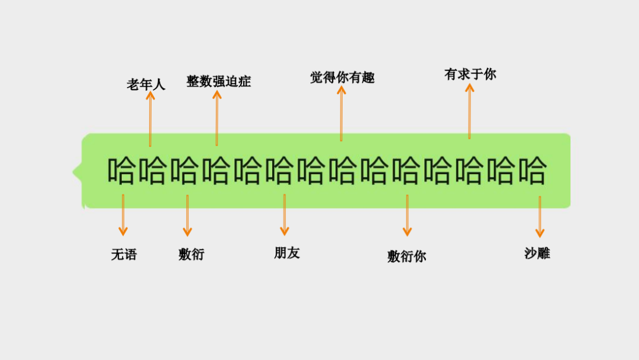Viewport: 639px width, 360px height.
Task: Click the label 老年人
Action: (x=146, y=85)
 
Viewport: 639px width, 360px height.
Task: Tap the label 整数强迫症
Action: (x=219, y=81)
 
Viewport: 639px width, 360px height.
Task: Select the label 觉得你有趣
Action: (x=342, y=78)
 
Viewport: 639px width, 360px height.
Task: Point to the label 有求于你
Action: (x=470, y=74)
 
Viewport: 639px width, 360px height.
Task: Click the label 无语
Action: (x=124, y=255)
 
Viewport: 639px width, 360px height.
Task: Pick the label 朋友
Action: (x=287, y=253)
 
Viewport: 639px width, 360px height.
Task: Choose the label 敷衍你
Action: (x=407, y=256)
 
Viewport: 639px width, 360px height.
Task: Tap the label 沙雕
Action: (x=537, y=253)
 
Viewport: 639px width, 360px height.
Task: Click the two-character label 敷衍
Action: (x=191, y=254)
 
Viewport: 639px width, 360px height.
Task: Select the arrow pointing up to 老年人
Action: (x=150, y=118)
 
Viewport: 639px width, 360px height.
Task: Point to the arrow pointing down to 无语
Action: (x=123, y=214)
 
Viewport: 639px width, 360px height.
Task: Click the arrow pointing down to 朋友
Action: (x=285, y=214)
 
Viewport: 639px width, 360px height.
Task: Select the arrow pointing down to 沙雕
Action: (x=540, y=217)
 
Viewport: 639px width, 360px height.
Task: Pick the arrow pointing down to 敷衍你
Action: (x=407, y=216)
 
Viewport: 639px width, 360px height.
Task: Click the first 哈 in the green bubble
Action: (x=121, y=171)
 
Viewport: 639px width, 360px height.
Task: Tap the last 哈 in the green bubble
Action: (x=531, y=171)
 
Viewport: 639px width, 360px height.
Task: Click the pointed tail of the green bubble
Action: (x=76, y=172)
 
